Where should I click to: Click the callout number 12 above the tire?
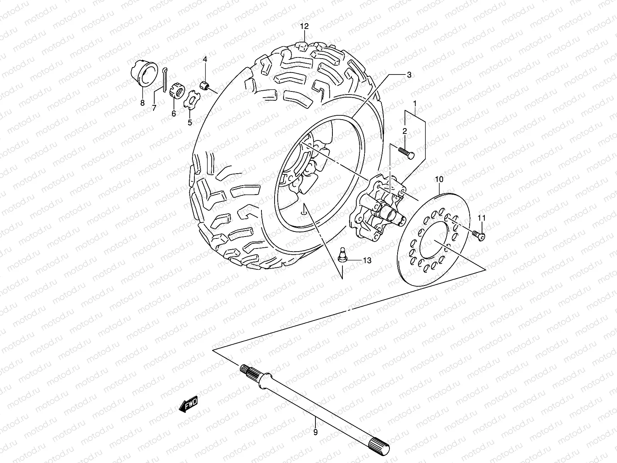(305, 26)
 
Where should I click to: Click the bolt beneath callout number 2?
(406, 152)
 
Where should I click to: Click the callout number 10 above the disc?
(439, 179)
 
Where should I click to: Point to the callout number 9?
(315, 433)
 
